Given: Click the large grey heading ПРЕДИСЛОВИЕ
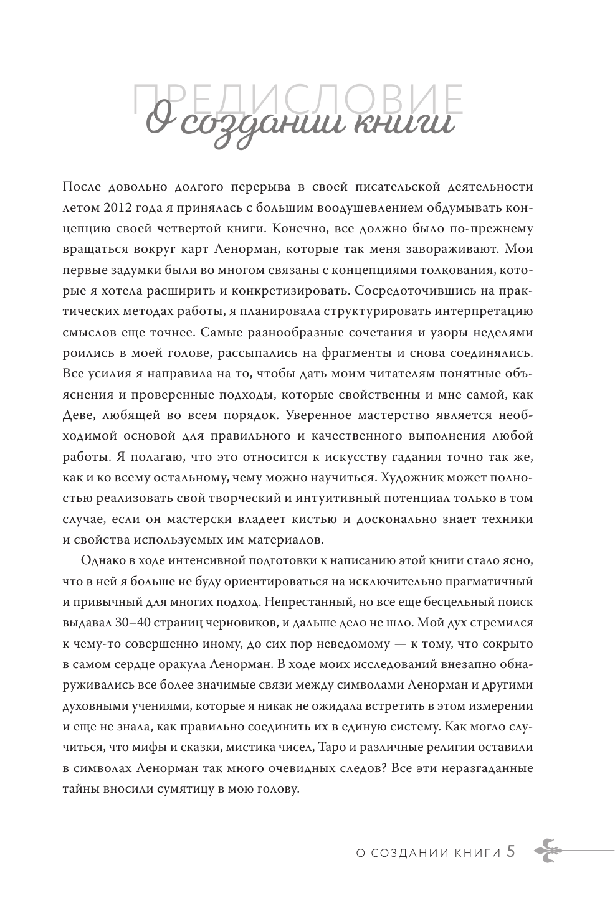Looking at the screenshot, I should (298, 100).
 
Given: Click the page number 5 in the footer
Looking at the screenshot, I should (511, 851).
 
